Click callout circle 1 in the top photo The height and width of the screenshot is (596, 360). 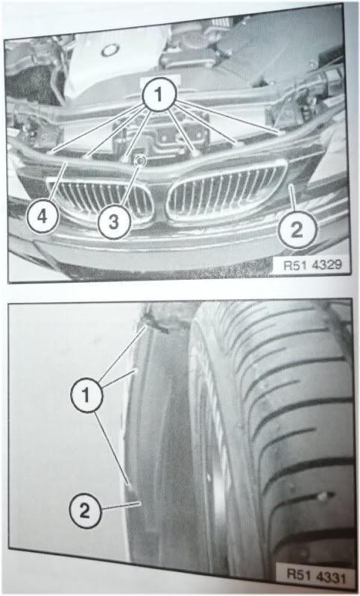[159, 94]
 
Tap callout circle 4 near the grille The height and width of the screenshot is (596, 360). [42, 217]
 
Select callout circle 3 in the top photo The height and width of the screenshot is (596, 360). [114, 222]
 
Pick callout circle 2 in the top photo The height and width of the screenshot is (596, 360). [297, 230]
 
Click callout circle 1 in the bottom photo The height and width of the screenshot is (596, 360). [86, 395]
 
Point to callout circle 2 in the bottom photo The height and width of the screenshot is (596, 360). [85, 510]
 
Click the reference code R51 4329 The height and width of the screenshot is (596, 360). [309, 265]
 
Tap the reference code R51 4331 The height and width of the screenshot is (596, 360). [316, 577]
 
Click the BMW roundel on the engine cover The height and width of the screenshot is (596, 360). [110, 50]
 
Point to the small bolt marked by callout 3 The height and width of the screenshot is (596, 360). [141, 161]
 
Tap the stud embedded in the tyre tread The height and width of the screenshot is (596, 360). [323, 495]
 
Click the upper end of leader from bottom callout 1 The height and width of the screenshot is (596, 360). [146, 326]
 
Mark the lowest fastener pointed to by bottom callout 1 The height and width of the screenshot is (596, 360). [130, 487]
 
